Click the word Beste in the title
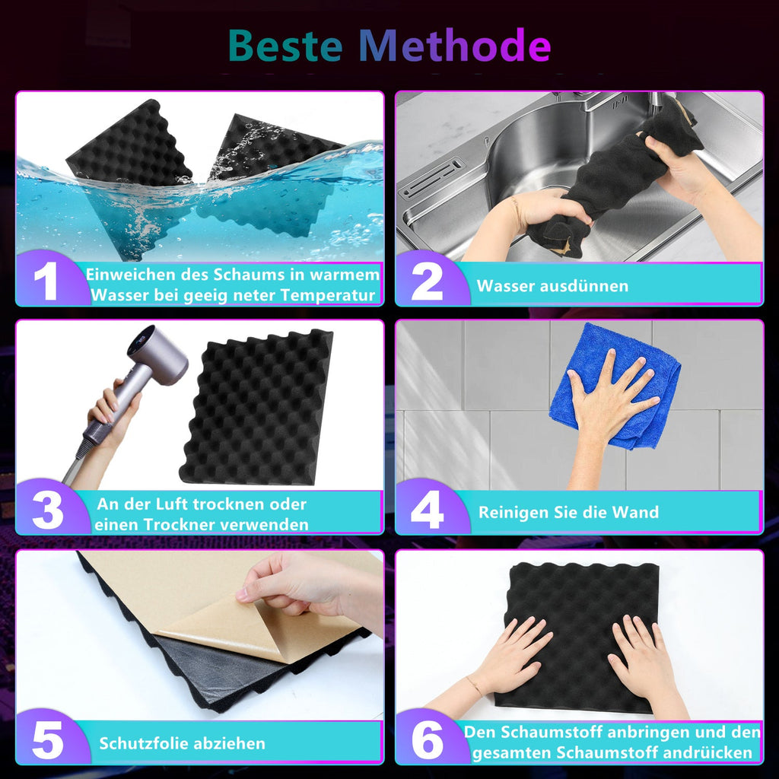coord(286,45)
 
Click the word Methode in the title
coord(455,45)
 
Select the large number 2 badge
coord(427,281)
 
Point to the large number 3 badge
coord(48,510)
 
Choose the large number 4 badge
coord(428,510)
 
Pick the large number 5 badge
coord(48,740)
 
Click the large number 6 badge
coord(428,740)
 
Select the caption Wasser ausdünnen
coord(552,286)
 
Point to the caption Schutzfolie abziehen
coord(183,743)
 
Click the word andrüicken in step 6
coord(705,752)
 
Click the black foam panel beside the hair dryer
coord(256,407)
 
